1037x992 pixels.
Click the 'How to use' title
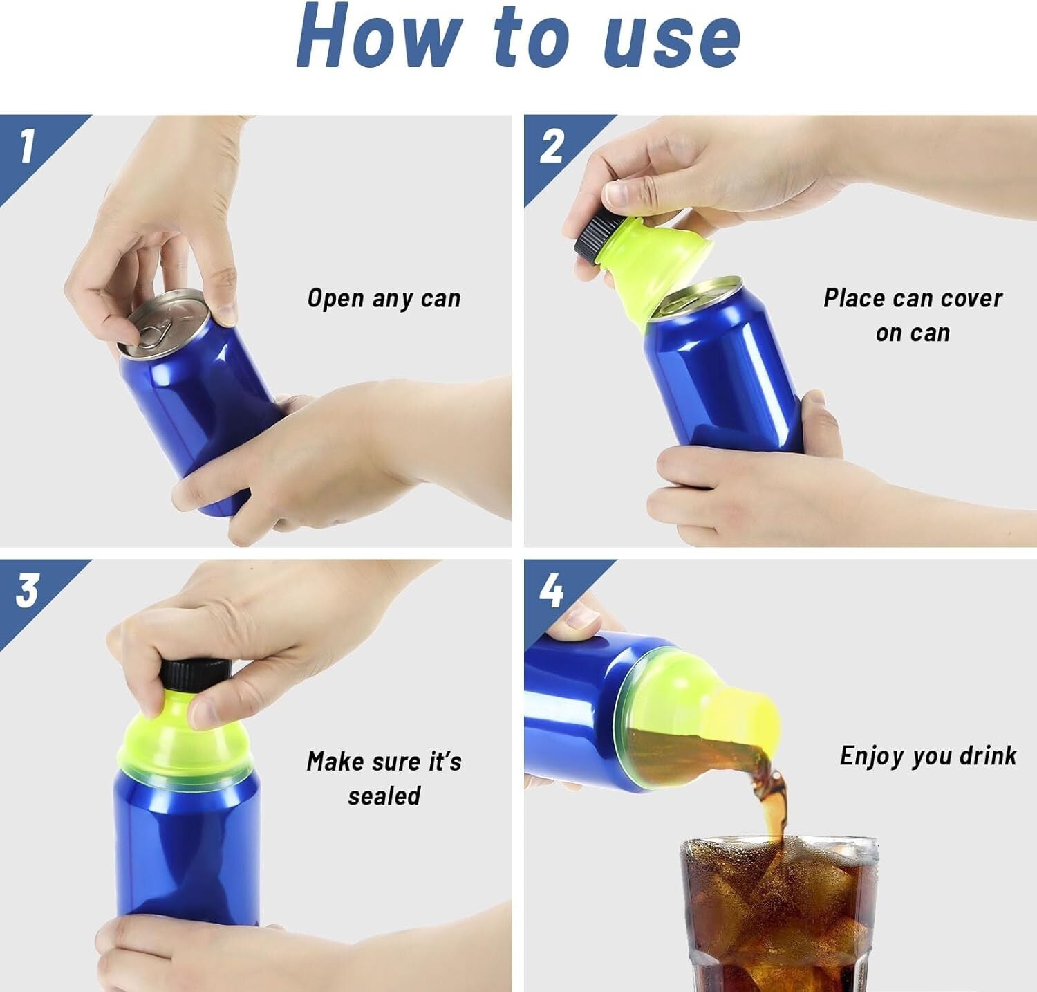click(x=518, y=38)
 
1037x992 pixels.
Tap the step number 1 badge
click(x=28, y=147)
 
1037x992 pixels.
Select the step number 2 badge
click(x=551, y=147)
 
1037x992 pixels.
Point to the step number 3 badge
click(x=28, y=591)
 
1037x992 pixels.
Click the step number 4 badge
click(x=551, y=591)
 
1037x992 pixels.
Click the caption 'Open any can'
click(x=384, y=299)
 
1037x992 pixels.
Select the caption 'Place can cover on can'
click(x=913, y=315)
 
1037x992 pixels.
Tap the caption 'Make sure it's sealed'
click(x=384, y=778)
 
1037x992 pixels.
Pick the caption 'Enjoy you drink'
click(x=928, y=755)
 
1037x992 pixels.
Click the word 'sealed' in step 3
click(x=384, y=796)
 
